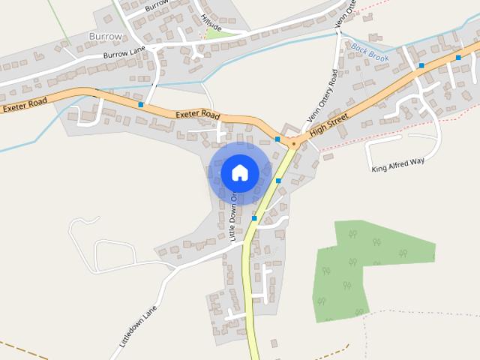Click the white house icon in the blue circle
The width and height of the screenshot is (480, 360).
(239, 172)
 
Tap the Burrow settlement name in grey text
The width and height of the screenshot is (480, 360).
(104, 35)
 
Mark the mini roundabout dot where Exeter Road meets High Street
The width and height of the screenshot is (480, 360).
(294, 142)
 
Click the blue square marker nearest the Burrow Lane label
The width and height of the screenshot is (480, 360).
(141, 105)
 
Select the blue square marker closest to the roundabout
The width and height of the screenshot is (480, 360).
(277, 139)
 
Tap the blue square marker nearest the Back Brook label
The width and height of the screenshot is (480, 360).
(421, 66)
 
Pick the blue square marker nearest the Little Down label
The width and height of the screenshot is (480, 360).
(254, 218)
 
